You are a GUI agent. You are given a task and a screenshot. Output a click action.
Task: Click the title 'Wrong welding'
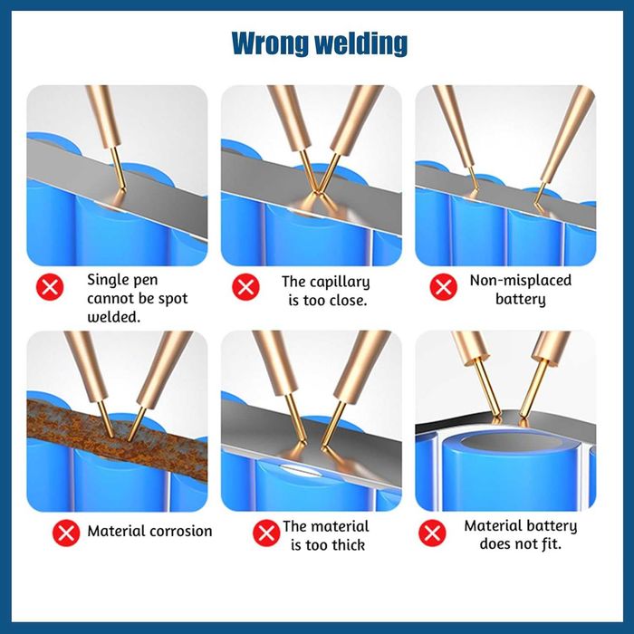click(x=320, y=43)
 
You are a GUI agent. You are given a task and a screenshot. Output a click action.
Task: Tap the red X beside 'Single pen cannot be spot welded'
click(x=50, y=287)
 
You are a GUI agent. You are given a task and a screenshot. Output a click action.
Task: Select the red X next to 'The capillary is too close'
click(x=245, y=287)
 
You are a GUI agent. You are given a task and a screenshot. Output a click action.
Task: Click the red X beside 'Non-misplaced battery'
click(x=443, y=287)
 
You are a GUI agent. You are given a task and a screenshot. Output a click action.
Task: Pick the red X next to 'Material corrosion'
click(x=66, y=533)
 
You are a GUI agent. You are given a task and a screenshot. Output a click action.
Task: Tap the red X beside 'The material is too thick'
click(x=266, y=533)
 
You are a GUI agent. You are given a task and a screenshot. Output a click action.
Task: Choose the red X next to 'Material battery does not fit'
click(x=432, y=533)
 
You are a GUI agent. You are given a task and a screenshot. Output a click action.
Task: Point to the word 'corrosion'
click(x=181, y=531)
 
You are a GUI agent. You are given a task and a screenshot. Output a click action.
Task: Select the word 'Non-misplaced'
click(x=521, y=280)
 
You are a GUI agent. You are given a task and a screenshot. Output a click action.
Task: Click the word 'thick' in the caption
click(x=348, y=545)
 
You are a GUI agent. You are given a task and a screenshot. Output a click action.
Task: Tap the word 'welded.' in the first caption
click(x=113, y=317)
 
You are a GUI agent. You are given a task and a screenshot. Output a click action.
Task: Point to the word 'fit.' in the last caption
click(x=550, y=543)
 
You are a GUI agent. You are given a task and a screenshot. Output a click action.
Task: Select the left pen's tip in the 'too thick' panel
click(x=300, y=442)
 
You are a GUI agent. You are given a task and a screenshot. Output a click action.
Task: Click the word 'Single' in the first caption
click(x=105, y=281)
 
